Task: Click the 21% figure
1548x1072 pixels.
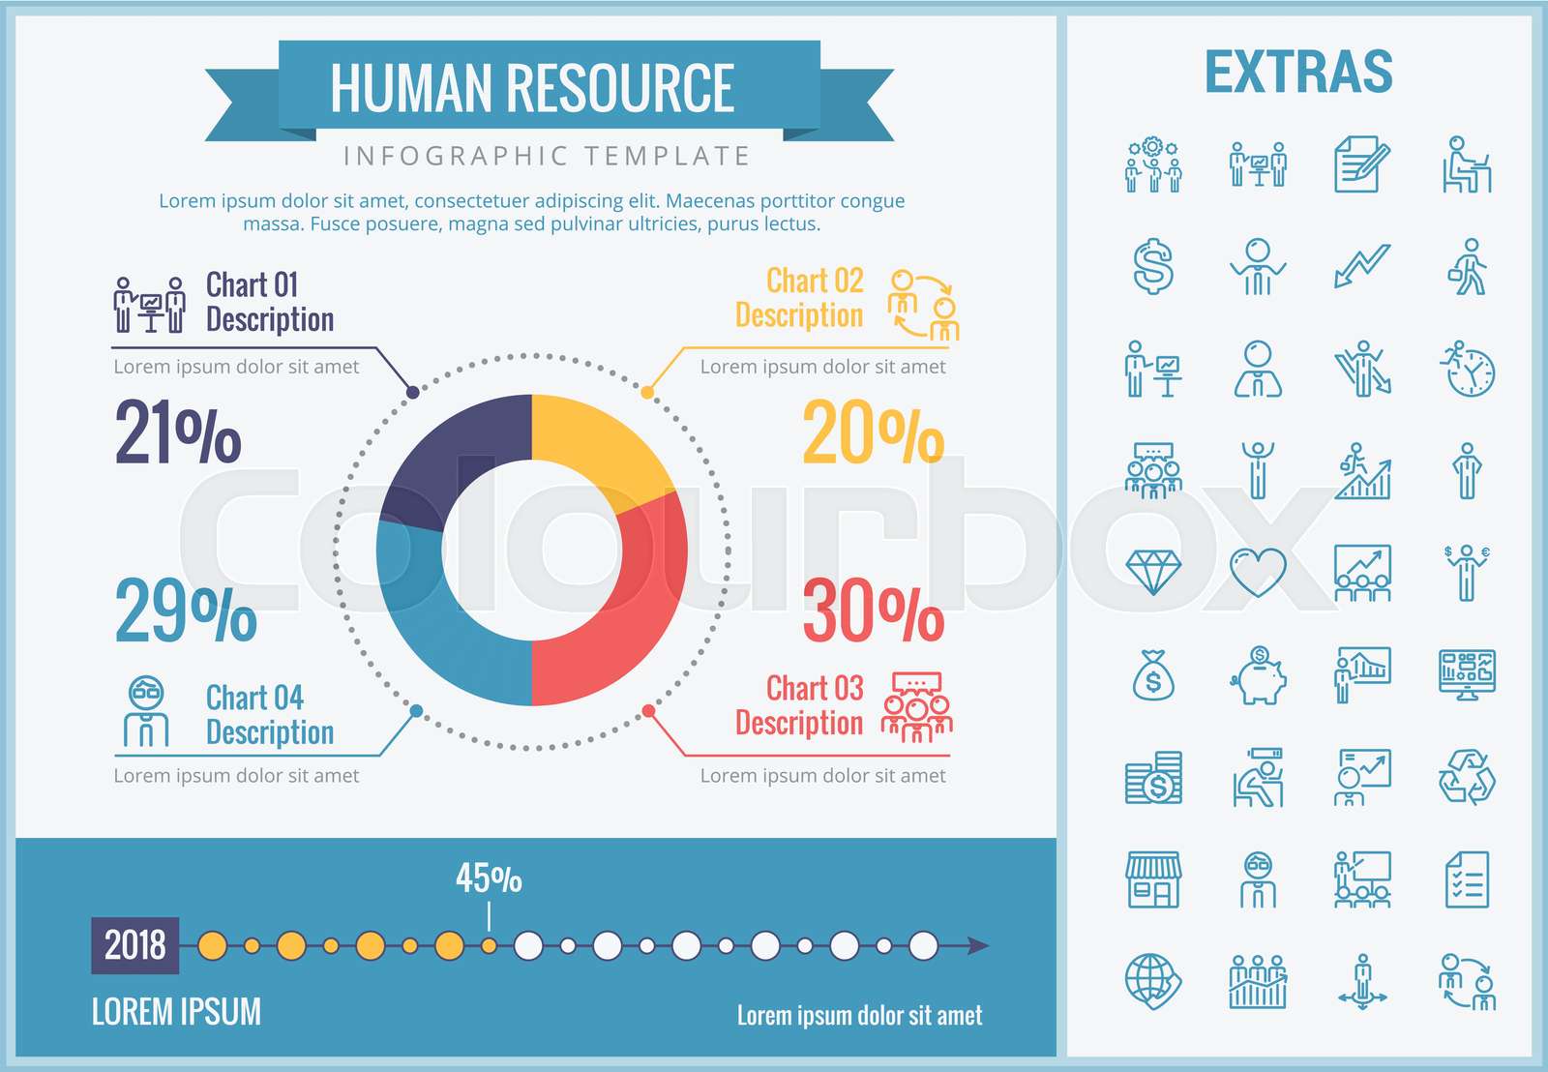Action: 178,432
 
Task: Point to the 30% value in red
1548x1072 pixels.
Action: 873,611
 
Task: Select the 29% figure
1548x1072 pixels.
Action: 186,611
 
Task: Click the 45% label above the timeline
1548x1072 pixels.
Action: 489,878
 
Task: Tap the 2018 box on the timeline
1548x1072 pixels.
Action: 135,945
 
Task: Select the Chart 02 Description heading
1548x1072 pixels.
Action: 799,298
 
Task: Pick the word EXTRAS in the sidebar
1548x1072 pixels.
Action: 1298,73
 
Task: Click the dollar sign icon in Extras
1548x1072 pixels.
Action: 1153,266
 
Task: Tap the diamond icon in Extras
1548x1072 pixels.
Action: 1153,573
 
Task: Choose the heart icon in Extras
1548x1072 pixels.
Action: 1258,573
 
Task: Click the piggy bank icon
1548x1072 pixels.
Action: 1258,675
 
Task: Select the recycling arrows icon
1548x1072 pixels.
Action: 1467,777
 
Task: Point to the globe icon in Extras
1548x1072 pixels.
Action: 1153,981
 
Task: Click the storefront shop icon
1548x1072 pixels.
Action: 1153,879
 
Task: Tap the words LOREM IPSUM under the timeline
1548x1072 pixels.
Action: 176,1012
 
